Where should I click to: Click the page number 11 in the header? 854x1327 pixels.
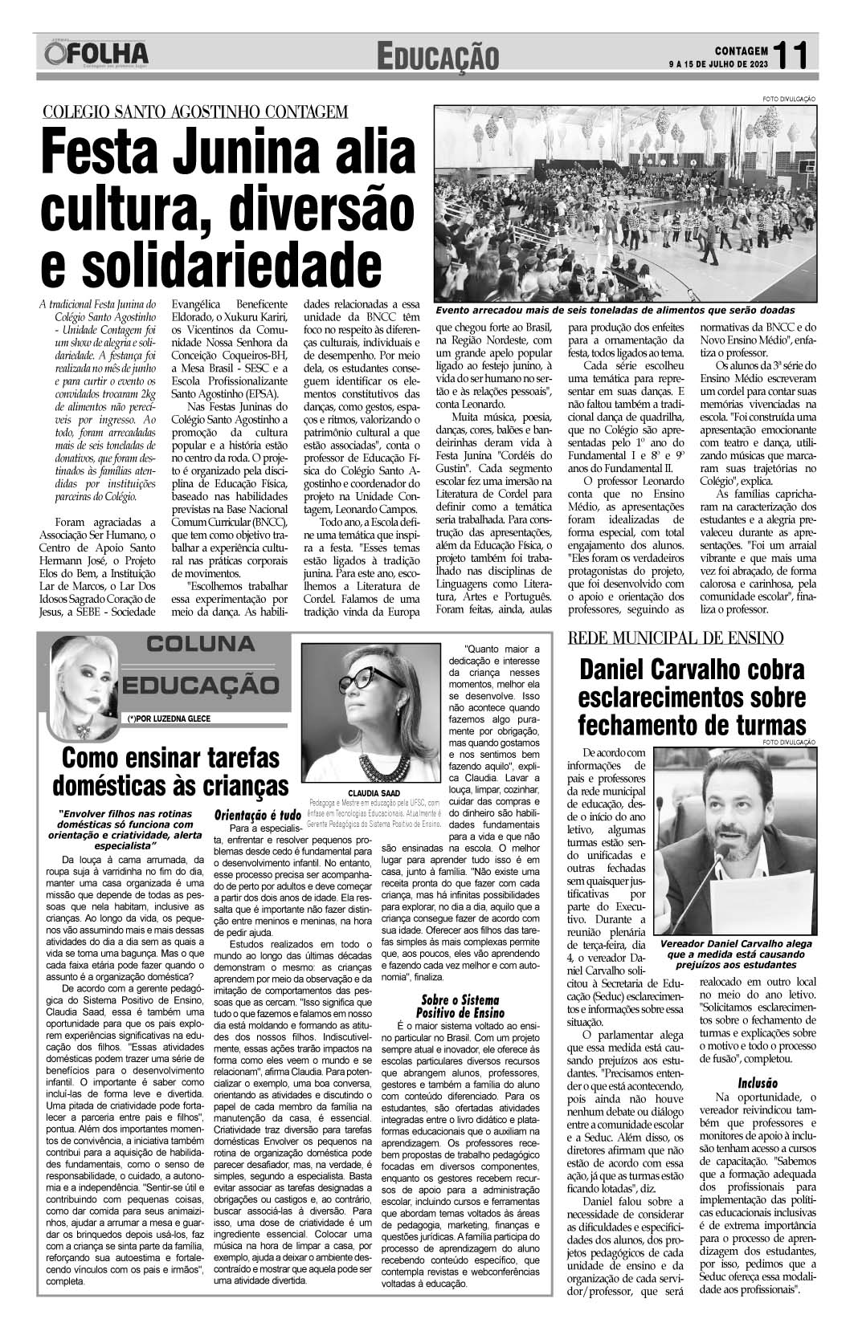coord(795,54)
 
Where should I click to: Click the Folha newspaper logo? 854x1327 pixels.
coord(97,54)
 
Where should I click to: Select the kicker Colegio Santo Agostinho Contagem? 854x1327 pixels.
coord(195,112)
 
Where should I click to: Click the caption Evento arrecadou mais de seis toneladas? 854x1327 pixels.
coord(615,310)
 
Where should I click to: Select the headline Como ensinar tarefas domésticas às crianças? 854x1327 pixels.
coord(170,771)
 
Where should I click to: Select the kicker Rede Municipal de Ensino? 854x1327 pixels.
coord(676,638)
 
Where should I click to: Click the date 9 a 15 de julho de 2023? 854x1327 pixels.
coord(717,63)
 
